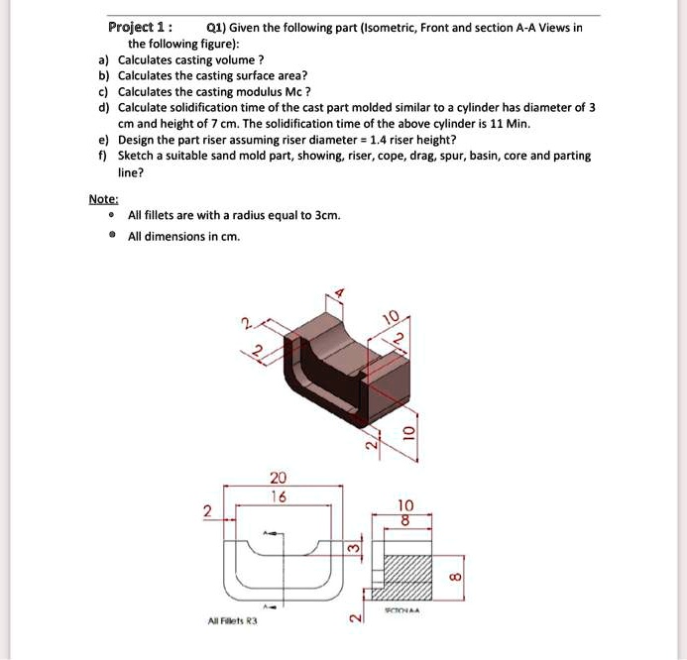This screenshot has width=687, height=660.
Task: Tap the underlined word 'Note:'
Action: coord(102,198)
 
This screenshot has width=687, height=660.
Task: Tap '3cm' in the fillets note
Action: coord(326,215)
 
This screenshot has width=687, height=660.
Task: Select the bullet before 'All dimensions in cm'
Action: coord(113,237)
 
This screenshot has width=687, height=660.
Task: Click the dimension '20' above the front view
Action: coord(280,476)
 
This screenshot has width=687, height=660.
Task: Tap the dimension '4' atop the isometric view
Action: coord(338,292)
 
